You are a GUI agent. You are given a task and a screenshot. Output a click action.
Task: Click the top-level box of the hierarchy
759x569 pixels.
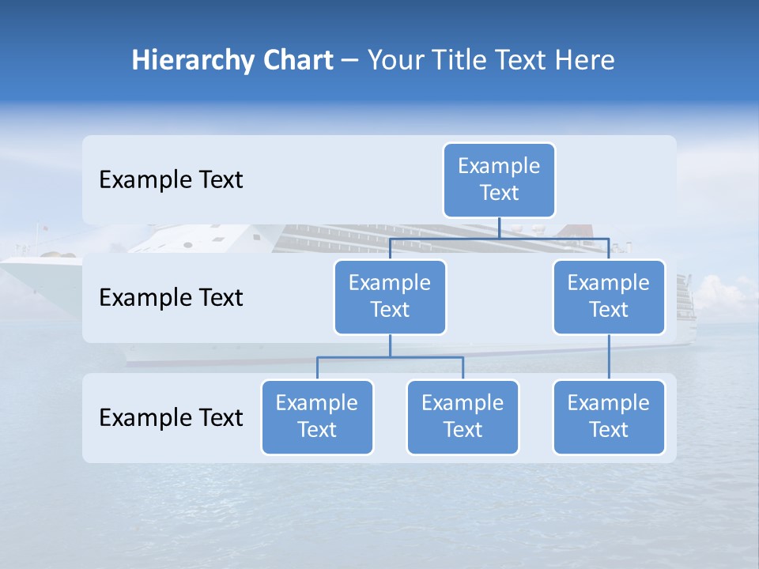(x=499, y=179)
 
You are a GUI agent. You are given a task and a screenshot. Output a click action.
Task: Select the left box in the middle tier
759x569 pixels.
(x=390, y=296)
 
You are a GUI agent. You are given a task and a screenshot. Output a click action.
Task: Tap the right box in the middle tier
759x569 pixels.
(x=609, y=296)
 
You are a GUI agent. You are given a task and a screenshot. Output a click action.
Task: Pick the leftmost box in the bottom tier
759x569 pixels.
(x=317, y=416)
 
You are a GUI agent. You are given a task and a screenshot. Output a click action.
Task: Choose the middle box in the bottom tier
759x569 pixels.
(x=463, y=416)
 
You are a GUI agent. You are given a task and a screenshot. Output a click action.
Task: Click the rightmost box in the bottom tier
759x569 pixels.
(x=609, y=416)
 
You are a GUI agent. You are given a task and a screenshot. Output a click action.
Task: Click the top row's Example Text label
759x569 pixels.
(x=171, y=180)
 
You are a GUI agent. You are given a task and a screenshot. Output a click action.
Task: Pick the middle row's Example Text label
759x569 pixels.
(x=171, y=298)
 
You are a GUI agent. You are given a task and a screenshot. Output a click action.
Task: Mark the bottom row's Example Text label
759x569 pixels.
(x=171, y=417)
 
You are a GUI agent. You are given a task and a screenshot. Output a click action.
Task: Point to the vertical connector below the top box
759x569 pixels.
(x=499, y=228)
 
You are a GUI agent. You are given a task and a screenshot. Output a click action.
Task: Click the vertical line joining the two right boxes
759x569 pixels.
(x=609, y=356)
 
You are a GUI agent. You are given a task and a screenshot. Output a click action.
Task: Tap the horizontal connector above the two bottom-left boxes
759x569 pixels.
(x=390, y=357)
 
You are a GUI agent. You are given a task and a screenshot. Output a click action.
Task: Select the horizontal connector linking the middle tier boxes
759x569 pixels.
(x=499, y=238)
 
